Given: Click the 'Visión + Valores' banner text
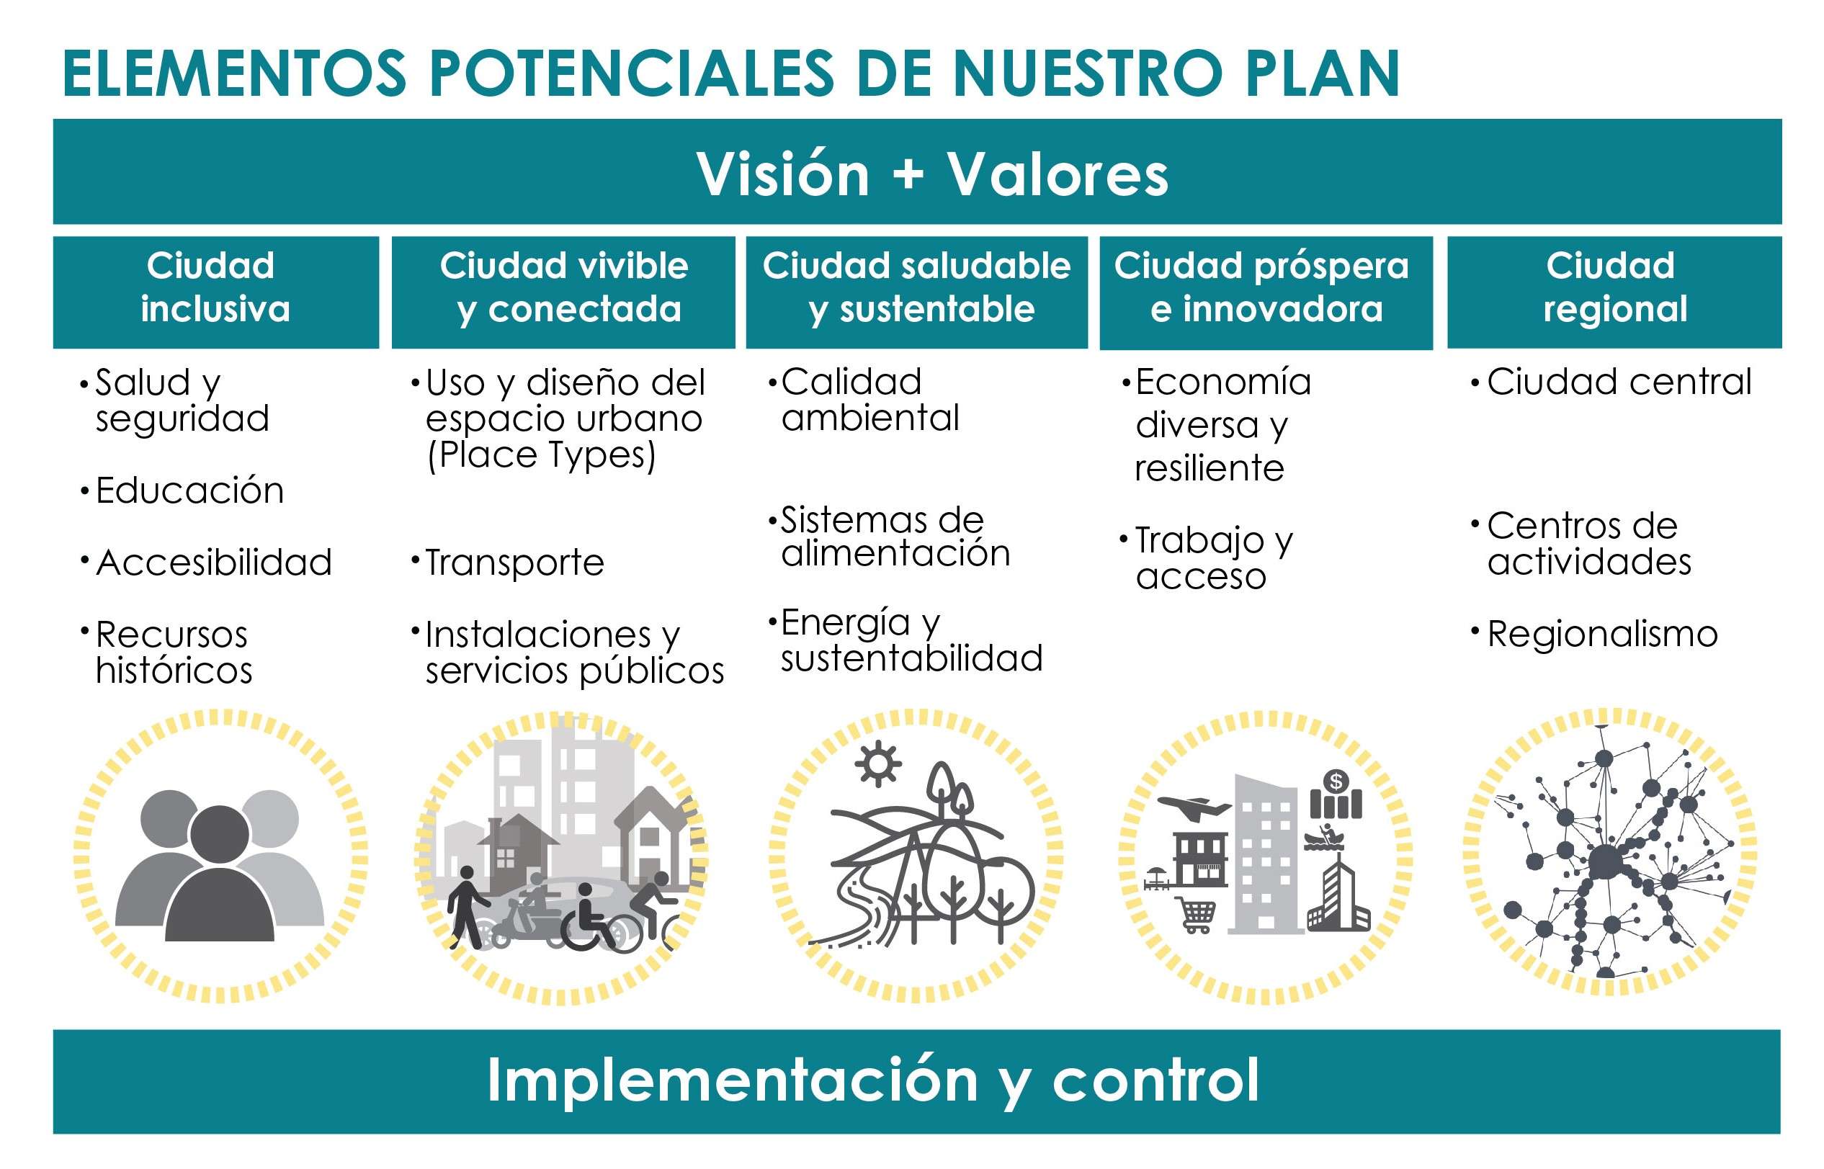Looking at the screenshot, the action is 932,174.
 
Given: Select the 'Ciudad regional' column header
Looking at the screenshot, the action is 1614,287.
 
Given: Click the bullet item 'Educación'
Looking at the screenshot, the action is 189,491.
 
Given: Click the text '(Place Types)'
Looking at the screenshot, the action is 541,455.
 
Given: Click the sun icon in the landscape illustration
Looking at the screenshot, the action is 878,762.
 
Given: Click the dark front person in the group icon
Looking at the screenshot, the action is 220,873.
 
